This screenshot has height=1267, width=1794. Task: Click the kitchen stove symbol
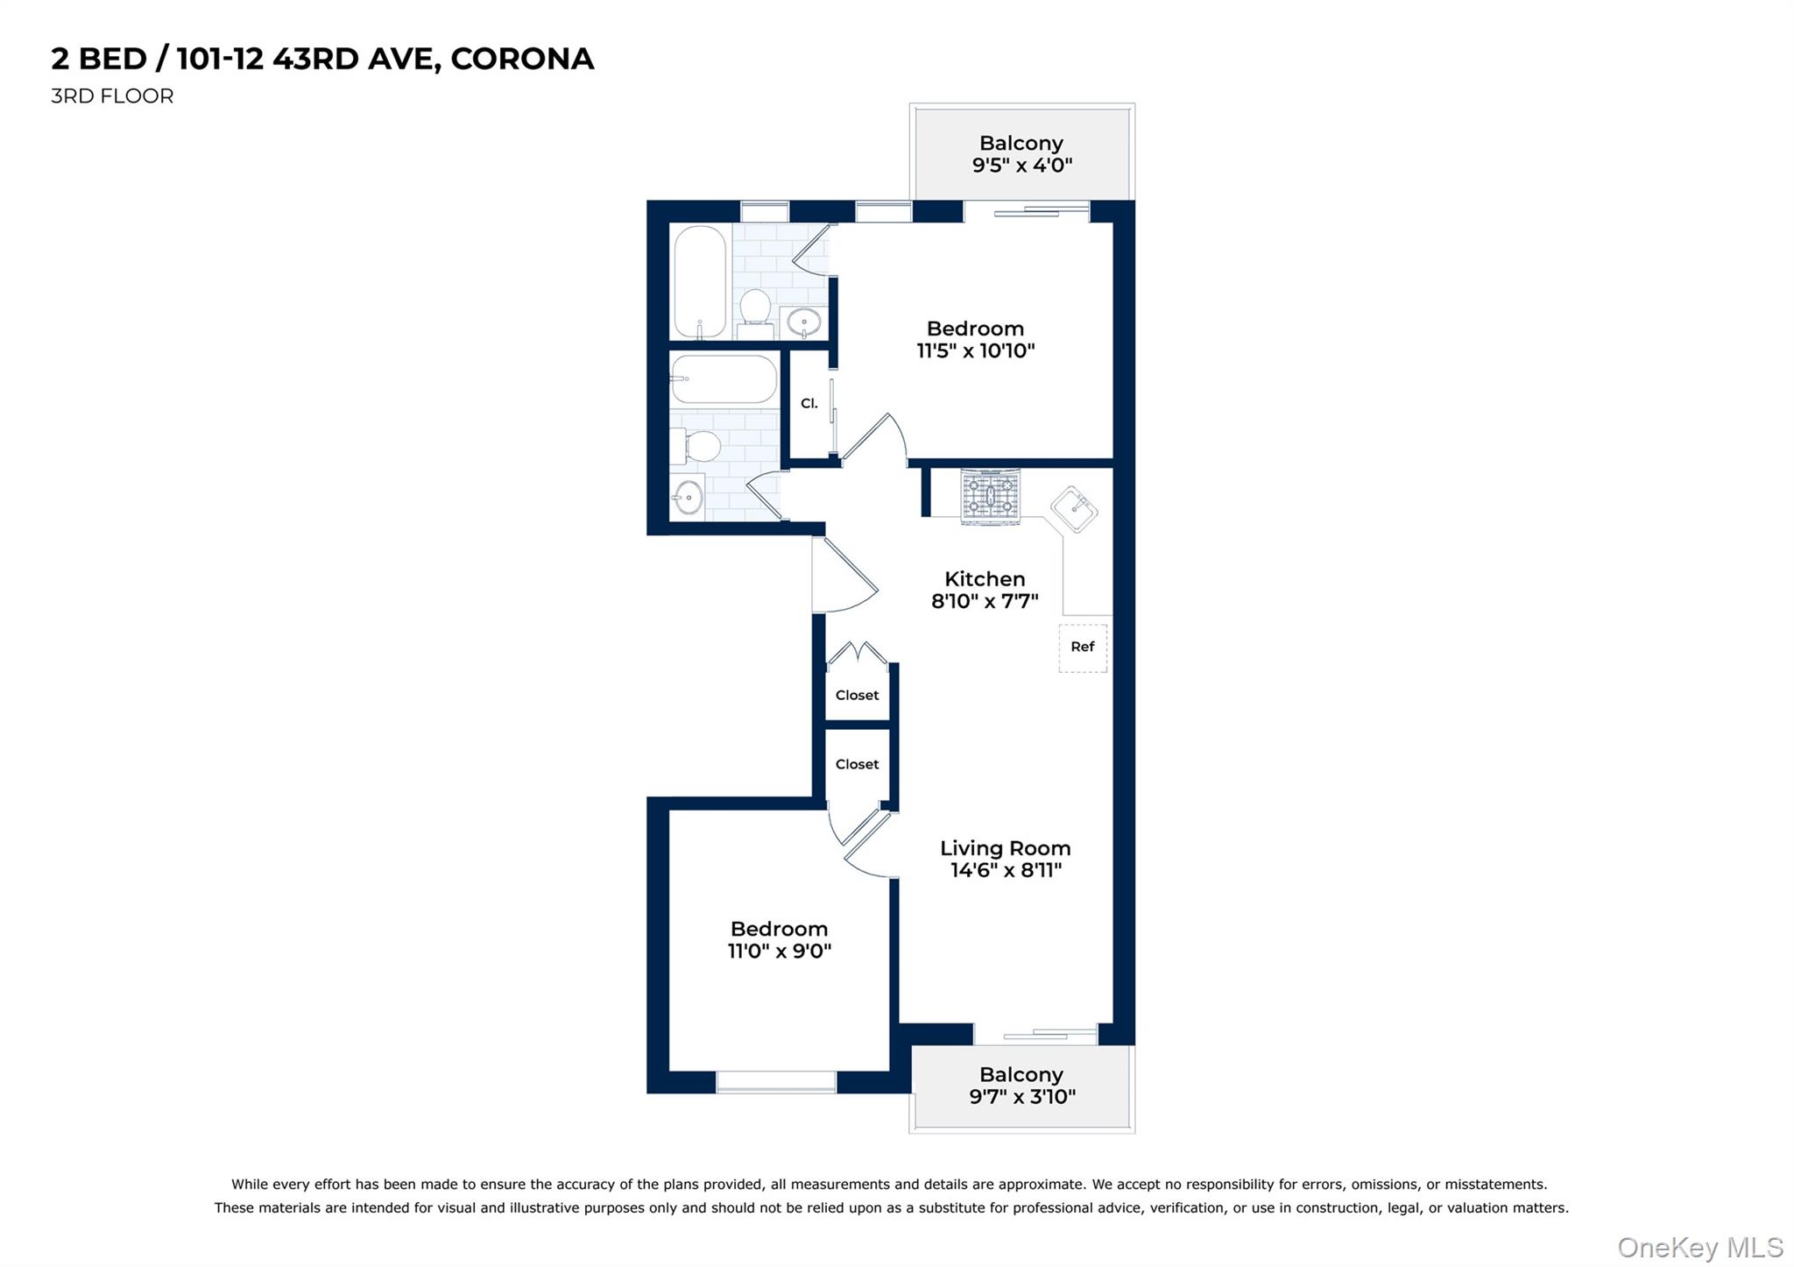point(990,497)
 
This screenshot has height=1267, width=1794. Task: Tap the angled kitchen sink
point(1074,509)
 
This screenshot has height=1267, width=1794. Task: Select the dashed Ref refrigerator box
point(1083,648)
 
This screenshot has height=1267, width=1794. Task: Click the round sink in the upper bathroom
point(803,322)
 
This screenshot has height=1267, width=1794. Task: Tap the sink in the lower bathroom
point(689,498)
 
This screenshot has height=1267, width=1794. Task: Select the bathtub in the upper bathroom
point(700,281)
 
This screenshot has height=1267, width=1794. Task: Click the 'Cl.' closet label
point(809,404)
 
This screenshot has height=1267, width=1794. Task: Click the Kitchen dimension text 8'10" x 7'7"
point(985,601)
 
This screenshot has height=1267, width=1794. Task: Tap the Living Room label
point(1005,848)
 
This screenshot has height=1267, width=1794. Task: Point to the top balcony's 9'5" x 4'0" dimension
point(1021,165)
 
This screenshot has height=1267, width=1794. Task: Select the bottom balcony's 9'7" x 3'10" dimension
point(1021,1096)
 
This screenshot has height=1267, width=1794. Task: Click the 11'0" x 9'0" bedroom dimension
point(779,951)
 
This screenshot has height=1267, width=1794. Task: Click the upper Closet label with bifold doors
point(857,695)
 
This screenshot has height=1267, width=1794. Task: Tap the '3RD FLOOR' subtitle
point(112,96)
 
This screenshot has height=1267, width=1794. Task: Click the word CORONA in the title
point(522,59)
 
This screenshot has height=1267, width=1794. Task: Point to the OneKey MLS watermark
point(1699,1247)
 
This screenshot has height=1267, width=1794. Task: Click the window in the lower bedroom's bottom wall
point(776,1082)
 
